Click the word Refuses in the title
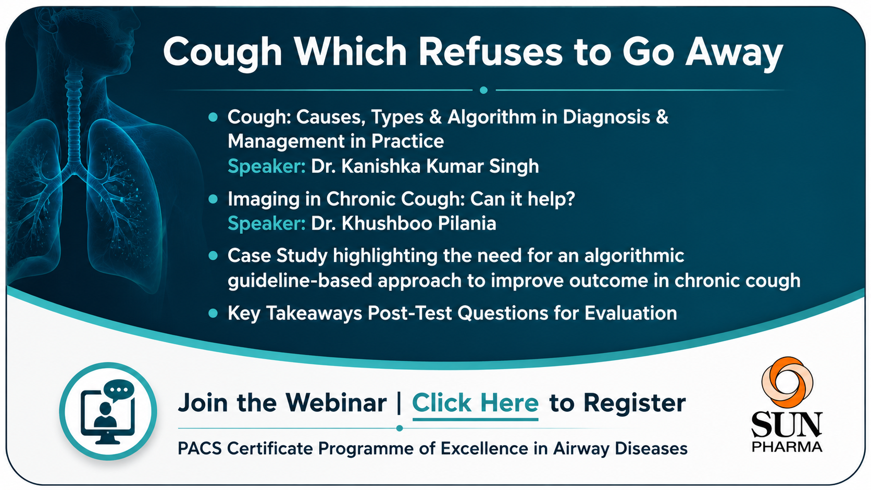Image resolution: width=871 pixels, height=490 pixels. (x=490, y=52)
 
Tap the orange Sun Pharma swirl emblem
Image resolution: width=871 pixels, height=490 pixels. (x=787, y=382)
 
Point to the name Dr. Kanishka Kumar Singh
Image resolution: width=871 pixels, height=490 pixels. (x=425, y=166)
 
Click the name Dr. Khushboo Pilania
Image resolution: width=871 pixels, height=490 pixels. (x=403, y=223)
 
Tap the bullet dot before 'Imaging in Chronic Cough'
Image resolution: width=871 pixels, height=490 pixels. (x=213, y=199)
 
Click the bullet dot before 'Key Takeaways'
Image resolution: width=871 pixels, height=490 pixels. (x=213, y=313)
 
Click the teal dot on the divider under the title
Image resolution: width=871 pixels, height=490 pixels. (x=484, y=90)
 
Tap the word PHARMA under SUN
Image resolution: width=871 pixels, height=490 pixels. (x=787, y=446)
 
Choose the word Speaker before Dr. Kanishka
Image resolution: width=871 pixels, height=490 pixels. (x=266, y=166)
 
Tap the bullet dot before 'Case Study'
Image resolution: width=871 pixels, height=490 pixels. (x=213, y=256)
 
